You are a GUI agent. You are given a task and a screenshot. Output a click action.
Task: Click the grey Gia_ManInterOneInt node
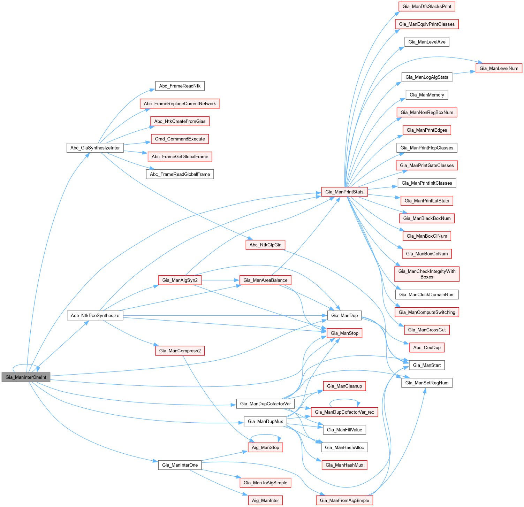coord(26,377)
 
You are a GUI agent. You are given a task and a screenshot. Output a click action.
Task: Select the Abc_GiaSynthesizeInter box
coord(95,148)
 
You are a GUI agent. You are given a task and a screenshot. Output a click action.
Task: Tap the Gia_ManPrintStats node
coord(344,192)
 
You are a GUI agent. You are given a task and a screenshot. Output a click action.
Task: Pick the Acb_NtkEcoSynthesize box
coord(95,316)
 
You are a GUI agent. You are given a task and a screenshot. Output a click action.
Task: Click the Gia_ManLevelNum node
coord(499,68)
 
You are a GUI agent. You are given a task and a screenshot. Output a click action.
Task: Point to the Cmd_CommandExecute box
coord(180,139)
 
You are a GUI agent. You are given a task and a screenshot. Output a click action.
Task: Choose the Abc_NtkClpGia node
coord(265,245)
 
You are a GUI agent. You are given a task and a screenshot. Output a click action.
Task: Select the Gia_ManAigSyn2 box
coord(180,280)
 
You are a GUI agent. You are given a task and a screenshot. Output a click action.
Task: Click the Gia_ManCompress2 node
coord(180,351)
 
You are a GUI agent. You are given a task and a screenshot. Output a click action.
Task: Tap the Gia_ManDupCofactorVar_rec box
coord(344,412)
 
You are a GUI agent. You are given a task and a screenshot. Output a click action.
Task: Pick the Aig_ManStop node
coord(265,447)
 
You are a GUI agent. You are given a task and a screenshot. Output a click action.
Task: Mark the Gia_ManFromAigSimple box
coord(344,500)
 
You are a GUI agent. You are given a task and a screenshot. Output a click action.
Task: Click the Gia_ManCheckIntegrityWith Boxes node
coord(427,274)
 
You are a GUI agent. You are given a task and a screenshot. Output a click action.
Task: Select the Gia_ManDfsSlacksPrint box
coord(427,7)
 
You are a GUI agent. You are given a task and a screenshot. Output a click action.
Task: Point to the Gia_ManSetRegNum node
coord(427,383)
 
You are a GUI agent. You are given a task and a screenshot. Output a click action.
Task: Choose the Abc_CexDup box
coord(427,348)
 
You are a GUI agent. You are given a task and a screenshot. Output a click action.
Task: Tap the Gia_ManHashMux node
coord(344,465)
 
